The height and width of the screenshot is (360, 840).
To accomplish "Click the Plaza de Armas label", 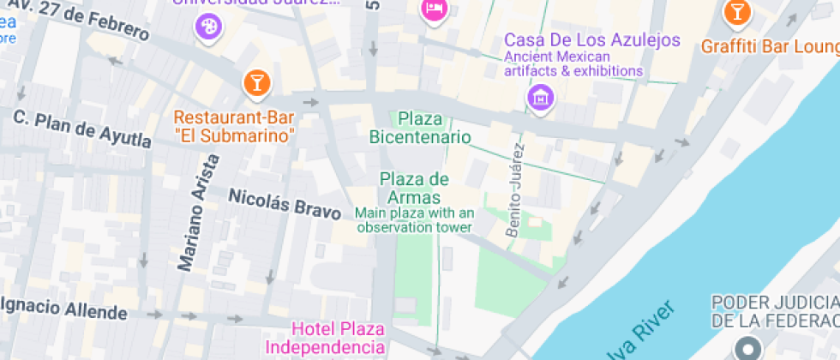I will pos(414,189).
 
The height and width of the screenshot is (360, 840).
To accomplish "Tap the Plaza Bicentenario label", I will pos(420,128).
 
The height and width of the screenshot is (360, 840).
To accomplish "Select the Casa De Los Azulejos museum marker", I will pos(540,97).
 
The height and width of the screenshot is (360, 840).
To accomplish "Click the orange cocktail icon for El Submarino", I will pos(256,82).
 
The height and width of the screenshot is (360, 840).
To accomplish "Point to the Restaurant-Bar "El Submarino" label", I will pos(234,126).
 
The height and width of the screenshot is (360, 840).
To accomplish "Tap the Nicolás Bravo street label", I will pos(285,202).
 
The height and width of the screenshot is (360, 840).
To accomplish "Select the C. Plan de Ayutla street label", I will pos(82,128).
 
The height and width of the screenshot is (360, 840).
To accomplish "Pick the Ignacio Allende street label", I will pos(64,309).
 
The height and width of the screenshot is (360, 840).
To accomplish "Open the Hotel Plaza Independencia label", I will pos(339,338).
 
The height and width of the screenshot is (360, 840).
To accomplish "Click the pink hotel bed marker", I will pos(434,10).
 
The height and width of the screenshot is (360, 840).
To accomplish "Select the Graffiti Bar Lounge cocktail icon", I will pos(736,13).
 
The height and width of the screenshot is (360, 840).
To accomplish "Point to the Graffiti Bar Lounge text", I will pos(770,45).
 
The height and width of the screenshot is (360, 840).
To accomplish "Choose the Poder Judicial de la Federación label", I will pos(775,311).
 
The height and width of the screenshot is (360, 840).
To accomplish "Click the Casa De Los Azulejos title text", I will pos(591,40).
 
